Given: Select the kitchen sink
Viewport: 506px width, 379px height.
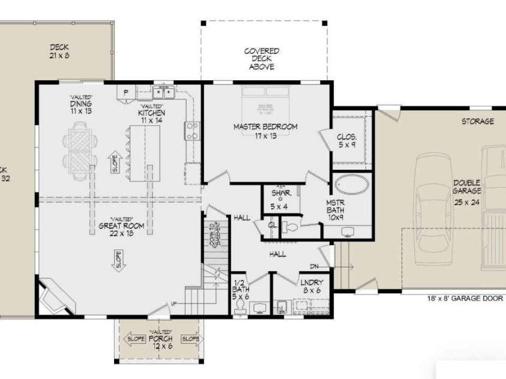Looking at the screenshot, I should [163, 92].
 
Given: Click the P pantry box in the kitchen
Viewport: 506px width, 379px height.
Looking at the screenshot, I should [126, 92].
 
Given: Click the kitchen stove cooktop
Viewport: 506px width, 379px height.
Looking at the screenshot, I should [192, 131].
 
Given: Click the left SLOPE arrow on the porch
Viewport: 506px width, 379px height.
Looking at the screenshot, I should [135, 339].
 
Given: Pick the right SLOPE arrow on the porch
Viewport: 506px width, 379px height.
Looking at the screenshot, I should [191, 339].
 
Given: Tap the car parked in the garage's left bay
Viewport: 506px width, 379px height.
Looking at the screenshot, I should [431, 204].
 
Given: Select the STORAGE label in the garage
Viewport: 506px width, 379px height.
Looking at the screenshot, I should [477, 122].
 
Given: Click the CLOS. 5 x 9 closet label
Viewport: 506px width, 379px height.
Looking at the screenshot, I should [347, 140].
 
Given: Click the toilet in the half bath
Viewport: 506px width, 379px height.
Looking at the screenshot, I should [239, 307].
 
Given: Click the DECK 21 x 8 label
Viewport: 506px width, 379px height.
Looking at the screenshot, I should [60, 50].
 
